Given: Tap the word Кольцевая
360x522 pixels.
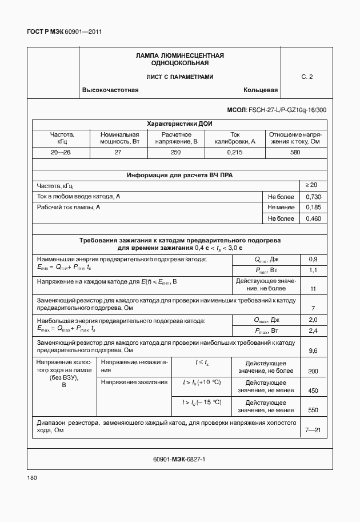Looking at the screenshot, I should [260, 90].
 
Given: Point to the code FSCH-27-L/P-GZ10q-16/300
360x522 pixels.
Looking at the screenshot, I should [277, 109].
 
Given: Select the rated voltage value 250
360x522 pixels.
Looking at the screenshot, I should [175, 153].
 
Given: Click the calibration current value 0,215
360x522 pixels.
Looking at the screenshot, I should [234, 153].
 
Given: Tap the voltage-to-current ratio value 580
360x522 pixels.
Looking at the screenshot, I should [295, 153].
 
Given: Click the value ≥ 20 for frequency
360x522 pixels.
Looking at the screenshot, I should [313, 185].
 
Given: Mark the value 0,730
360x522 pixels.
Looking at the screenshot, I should [313, 197].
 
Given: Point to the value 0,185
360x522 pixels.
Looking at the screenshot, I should [313, 208].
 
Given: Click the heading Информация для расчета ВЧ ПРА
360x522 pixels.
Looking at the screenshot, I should [179, 175].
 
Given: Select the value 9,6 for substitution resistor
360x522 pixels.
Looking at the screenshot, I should [313, 350].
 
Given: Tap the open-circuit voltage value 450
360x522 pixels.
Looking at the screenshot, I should [313, 391].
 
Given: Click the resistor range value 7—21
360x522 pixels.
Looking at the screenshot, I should [313, 430].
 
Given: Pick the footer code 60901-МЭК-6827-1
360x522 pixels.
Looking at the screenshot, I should [179, 459].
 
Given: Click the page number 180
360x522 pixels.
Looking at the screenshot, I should [32, 477].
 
